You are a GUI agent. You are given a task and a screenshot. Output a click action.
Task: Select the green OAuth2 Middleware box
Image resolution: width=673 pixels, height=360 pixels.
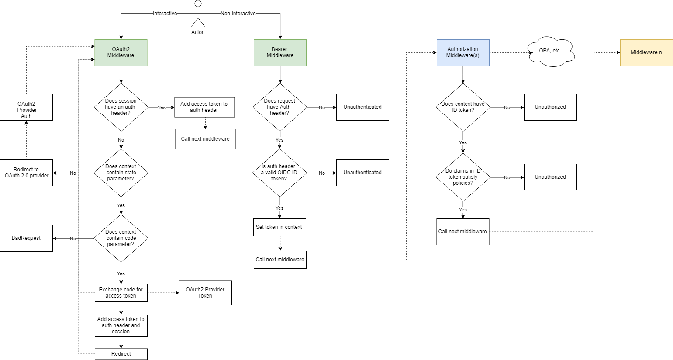coord(121,52)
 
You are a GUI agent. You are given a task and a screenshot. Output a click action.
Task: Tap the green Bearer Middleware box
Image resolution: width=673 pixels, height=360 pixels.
coord(280,52)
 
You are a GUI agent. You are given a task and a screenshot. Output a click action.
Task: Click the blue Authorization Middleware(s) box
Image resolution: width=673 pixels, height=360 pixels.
coord(463,52)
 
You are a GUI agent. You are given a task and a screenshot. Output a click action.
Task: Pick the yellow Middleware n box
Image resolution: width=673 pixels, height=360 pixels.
coord(646,52)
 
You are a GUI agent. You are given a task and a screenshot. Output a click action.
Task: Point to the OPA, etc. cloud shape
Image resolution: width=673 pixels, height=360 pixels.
coord(550,52)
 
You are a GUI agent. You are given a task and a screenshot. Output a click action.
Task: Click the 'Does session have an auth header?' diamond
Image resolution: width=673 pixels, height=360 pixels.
coord(121,107)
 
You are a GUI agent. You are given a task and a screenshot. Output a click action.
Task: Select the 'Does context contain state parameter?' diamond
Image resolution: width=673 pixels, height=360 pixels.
coord(121,173)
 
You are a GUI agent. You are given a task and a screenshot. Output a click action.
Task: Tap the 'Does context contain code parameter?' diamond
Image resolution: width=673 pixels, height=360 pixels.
coord(121,238)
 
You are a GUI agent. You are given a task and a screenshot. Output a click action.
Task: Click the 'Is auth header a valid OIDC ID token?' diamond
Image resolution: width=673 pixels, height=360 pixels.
coord(280,173)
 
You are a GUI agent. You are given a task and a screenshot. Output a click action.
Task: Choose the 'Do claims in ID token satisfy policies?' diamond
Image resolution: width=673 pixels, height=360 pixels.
coord(463,177)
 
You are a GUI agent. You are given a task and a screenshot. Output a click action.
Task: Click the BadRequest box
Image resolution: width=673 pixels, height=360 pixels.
coord(26,238)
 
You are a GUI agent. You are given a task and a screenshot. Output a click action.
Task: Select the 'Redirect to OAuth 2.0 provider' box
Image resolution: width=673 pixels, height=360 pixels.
coord(26,173)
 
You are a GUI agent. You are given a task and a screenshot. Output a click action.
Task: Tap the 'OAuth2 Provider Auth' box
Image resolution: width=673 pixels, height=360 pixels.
coord(26,107)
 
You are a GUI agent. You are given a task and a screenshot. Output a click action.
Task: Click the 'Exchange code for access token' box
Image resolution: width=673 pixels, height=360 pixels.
coord(121,293)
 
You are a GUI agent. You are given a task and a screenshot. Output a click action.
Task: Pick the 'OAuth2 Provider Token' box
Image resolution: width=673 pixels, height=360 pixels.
coord(205,293)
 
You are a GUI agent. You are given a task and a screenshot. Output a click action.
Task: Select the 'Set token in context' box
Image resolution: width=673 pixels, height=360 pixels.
coord(280,227)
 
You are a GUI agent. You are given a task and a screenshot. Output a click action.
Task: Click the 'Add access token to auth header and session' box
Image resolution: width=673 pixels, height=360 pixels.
coord(121,325)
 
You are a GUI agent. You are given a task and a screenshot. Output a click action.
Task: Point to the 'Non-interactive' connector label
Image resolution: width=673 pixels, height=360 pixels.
coord(238,14)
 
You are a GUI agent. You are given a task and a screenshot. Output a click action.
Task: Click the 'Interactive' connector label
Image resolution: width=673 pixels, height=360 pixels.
coord(165,14)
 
